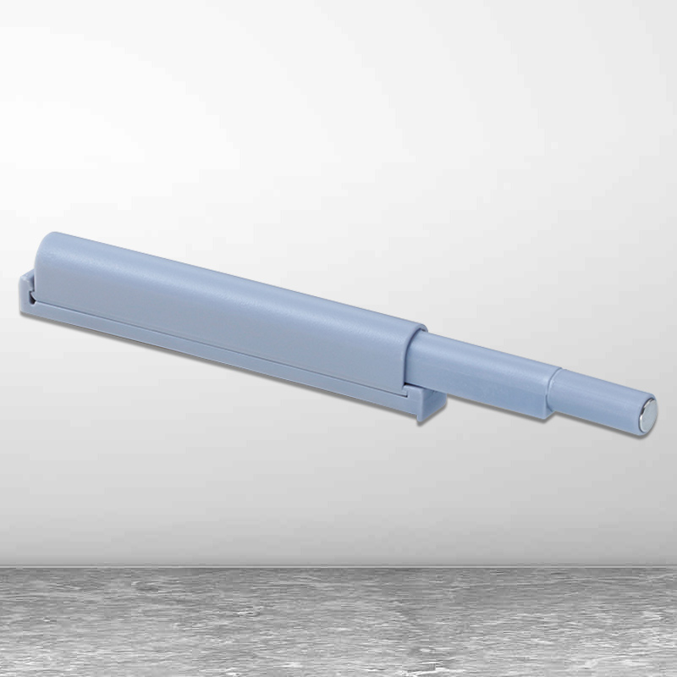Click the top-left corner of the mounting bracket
(x=21, y=276)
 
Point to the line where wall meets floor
(x=338, y=565)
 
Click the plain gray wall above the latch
(x=338, y=127)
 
